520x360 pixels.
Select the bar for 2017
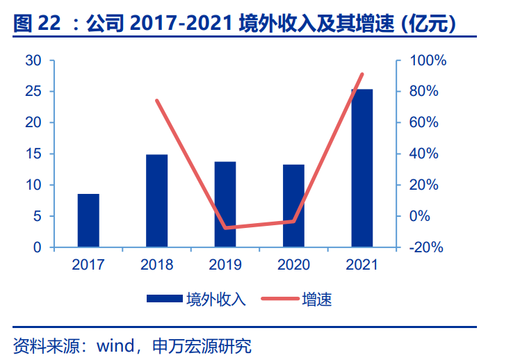tap(88, 220)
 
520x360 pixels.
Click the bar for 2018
tap(156, 200)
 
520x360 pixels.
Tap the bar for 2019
tap(225, 204)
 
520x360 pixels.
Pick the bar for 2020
tap(293, 206)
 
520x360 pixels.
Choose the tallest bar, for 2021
tap(361, 167)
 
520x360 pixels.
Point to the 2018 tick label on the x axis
tap(156, 265)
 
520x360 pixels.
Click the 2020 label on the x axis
tap(293, 265)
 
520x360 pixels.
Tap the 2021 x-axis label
tap(361, 265)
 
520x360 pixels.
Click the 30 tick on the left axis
tap(33, 60)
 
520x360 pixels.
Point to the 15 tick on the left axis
tap(33, 154)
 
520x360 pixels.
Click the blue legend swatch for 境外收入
tap(165, 300)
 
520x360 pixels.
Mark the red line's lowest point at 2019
tap(225, 228)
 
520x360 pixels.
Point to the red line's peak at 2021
tap(362, 74)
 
